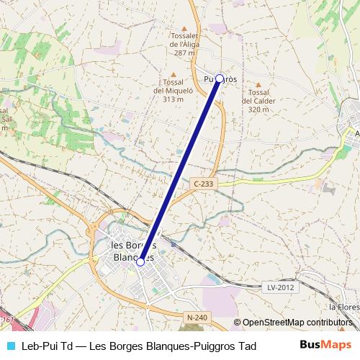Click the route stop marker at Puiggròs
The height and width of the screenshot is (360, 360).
(220, 78)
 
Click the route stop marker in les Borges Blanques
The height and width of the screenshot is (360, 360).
(140, 262)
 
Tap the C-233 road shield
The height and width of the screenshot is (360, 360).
(204, 184)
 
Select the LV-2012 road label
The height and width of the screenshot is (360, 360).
(282, 287)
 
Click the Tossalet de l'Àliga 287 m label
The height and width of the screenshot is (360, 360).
(184, 45)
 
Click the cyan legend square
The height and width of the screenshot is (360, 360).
(9, 346)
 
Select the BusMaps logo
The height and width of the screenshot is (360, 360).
(325, 346)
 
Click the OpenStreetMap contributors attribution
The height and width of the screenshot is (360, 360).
(297, 322)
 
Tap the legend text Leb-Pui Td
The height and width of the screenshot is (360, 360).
(48, 346)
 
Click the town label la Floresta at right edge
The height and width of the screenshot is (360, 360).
(345, 306)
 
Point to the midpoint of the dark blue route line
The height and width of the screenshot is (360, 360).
(180, 171)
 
